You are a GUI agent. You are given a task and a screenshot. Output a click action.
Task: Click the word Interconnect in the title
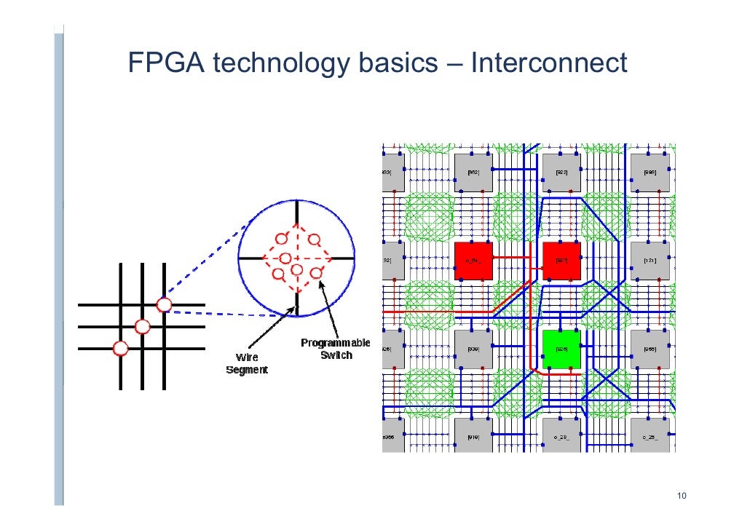pyautogui.click(x=549, y=63)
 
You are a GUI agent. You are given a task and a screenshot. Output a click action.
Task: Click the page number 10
pyautogui.click(x=682, y=497)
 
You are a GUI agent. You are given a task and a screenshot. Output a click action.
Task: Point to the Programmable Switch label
pyautogui.click(x=335, y=349)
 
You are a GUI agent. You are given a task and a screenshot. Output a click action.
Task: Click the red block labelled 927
pyautogui.click(x=561, y=260)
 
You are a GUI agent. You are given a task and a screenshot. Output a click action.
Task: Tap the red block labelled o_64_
pyautogui.click(x=473, y=260)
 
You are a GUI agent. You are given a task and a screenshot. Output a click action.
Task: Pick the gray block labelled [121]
pyautogui.click(x=650, y=260)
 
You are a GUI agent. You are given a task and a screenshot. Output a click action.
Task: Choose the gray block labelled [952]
pyautogui.click(x=473, y=172)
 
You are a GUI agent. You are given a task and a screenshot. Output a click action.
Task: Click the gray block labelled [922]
pyautogui.click(x=561, y=172)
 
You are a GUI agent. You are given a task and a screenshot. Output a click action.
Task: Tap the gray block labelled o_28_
pyautogui.click(x=561, y=436)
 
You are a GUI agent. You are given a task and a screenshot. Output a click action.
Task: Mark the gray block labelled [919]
pyautogui.click(x=473, y=436)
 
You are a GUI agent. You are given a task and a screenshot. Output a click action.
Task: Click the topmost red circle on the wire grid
pyautogui.click(x=164, y=304)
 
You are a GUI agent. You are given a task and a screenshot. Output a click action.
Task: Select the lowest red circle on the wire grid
pyautogui.click(x=120, y=349)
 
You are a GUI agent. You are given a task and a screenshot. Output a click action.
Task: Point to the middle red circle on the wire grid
pyautogui.click(x=142, y=326)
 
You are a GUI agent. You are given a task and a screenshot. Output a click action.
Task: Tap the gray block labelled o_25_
pyautogui.click(x=650, y=436)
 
